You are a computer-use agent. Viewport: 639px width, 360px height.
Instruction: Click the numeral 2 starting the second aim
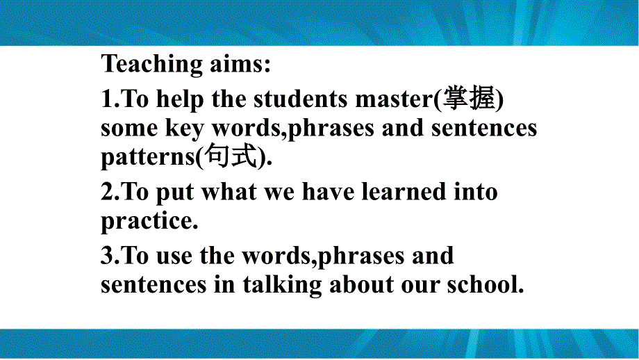[x=107, y=193]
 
